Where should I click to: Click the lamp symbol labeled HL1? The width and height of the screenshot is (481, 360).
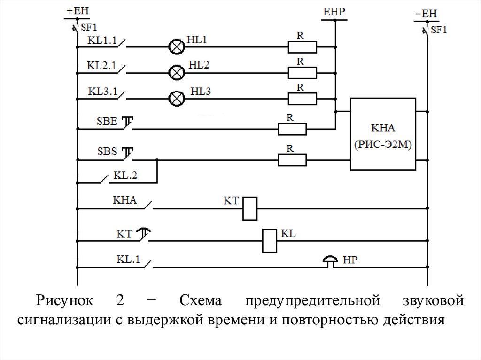(177, 47)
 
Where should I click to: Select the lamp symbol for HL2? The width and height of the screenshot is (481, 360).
(177, 72)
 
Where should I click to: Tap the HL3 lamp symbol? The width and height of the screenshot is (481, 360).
(177, 98)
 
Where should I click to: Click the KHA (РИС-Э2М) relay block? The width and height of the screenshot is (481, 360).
(383, 134)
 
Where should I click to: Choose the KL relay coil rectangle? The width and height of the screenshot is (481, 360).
(270, 241)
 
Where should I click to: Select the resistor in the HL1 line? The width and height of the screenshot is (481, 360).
(302, 47)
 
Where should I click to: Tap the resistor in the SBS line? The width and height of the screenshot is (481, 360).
(292, 160)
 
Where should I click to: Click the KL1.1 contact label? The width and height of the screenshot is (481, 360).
(101, 40)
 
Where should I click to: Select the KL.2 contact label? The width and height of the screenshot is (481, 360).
(125, 176)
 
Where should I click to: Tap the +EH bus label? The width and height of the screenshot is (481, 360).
(77, 10)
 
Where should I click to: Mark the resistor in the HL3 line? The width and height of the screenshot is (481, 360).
(302, 98)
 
